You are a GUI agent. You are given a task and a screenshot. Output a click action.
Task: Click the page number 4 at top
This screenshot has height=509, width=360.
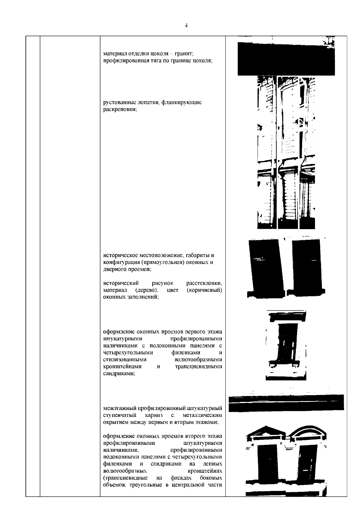[x=186, y=26]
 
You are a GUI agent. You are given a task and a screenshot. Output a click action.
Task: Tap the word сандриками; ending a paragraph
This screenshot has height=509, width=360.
[x=119, y=374]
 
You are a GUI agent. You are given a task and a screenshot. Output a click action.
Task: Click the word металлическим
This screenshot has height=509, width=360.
[x=202, y=415]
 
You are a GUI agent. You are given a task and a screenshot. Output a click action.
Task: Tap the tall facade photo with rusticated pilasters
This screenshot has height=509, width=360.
[x=286, y=153]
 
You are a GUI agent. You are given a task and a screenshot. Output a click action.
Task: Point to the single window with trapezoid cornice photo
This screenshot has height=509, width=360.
[x=286, y=345]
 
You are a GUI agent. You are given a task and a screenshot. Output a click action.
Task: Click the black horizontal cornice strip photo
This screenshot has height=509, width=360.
[x=286, y=403]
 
